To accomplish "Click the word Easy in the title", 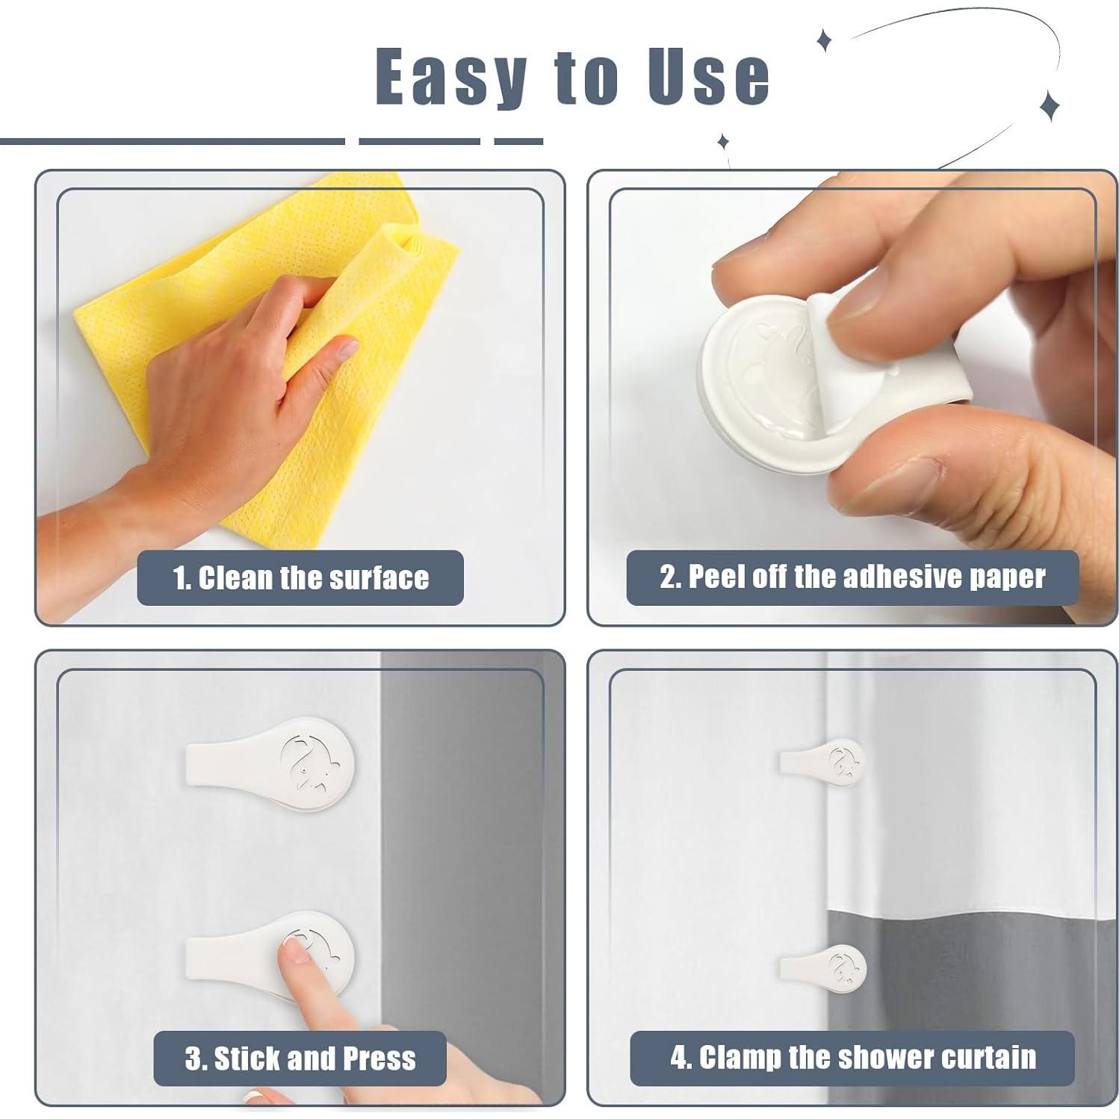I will (x=450, y=77).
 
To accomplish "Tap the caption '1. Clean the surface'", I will (x=300, y=577).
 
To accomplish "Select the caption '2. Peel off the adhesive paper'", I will (x=852, y=577).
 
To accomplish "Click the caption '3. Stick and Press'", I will (x=300, y=1058).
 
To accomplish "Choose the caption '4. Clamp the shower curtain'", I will (x=852, y=1058).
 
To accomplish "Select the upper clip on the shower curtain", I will (x=822, y=761).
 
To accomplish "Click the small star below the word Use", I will (x=722, y=140).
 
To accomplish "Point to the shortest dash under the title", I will (x=518, y=140).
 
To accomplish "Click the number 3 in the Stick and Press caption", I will (x=193, y=1058).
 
